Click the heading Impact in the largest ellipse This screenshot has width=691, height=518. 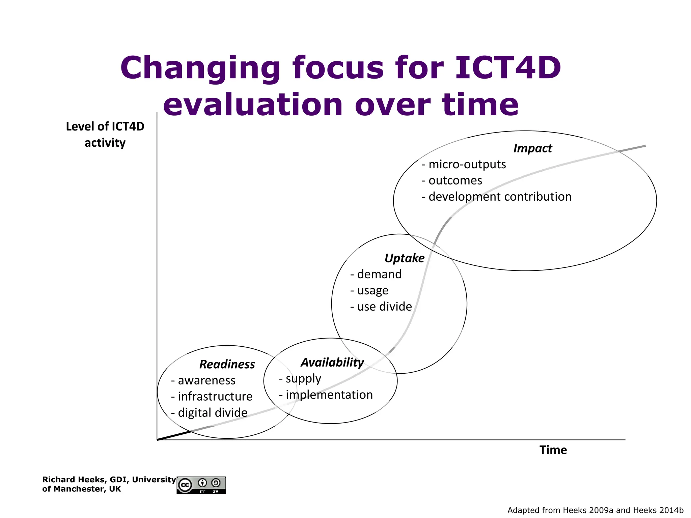[532, 148]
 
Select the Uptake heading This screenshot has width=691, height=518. [404, 258]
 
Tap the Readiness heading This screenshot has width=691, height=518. [227, 365]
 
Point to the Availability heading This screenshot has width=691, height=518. [332, 363]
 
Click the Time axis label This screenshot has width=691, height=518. [553, 450]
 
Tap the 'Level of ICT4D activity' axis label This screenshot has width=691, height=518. [105, 135]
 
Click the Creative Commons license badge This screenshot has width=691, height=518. [201, 485]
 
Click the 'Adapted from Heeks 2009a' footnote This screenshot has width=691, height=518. [595, 510]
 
